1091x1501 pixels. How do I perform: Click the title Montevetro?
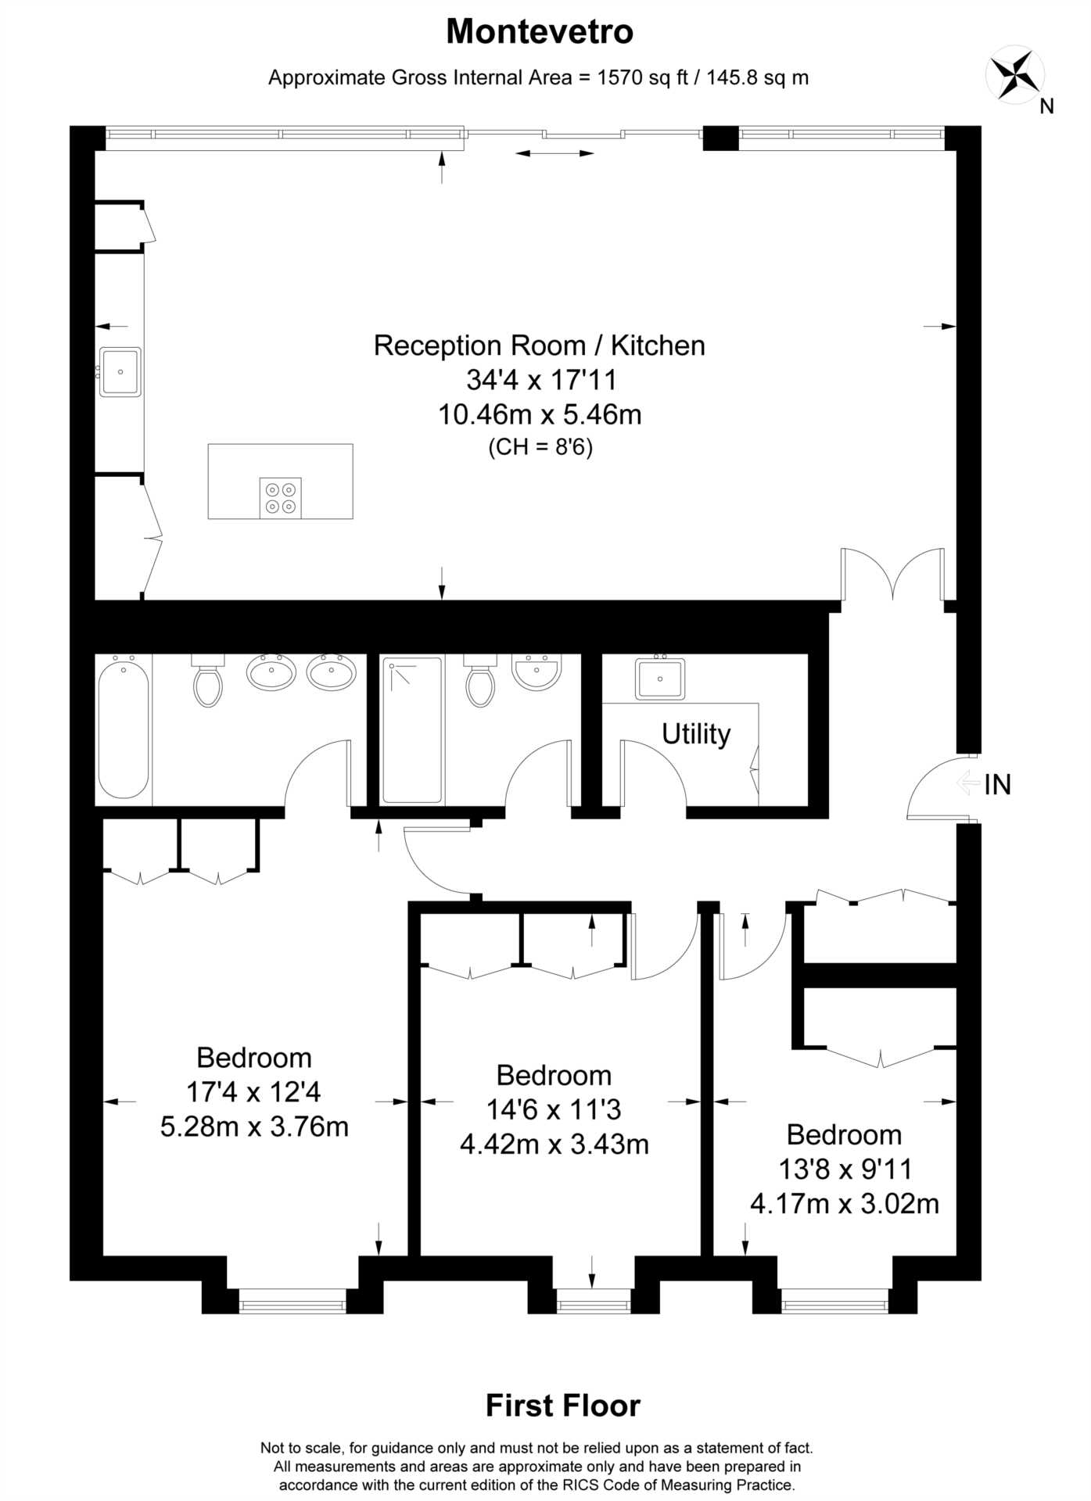tap(540, 32)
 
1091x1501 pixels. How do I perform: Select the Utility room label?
tap(696, 734)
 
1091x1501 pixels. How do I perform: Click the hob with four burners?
tap(280, 498)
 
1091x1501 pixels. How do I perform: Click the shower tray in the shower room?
tap(412, 730)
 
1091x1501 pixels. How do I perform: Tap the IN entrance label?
tap(997, 784)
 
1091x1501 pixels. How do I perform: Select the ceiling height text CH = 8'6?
tap(540, 448)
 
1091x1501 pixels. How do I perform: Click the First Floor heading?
tap(563, 1406)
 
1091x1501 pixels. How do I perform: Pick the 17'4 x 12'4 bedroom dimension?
tap(254, 1091)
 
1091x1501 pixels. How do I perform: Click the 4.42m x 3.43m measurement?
tap(554, 1145)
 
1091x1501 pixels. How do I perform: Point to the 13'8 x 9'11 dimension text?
tap(845, 1170)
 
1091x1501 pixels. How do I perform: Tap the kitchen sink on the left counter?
tap(120, 372)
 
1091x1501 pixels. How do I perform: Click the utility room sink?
tap(660, 678)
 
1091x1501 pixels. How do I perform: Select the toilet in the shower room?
tap(480, 679)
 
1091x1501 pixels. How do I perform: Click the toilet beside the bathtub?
tap(208, 679)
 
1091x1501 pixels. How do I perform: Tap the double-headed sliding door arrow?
tap(554, 153)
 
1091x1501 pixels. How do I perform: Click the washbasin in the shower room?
tap(537, 672)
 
